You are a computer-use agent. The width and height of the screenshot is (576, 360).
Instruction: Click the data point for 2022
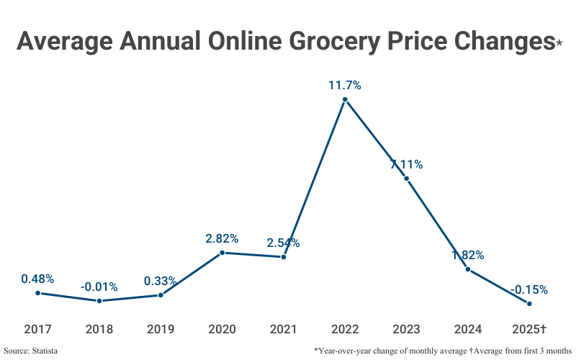pyautogui.click(x=345, y=100)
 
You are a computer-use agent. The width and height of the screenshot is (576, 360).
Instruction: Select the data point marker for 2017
pyautogui.click(x=37, y=293)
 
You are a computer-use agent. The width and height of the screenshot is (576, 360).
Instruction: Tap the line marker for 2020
pyautogui.click(x=222, y=252)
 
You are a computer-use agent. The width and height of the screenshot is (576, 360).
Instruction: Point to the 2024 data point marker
pyautogui.click(x=468, y=269)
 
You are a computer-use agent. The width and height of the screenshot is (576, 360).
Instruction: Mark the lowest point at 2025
pyautogui.click(x=529, y=304)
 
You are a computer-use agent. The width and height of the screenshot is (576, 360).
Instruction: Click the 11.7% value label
pyautogui.click(x=345, y=85)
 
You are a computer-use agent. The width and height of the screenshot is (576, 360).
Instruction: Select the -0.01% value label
pyautogui.click(x=99, y=287)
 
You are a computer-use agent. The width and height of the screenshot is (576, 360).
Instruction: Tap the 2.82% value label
pyautogui.click(x=222, y=238)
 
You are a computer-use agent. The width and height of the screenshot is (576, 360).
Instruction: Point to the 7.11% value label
pyautogui.click(x=406, y=164)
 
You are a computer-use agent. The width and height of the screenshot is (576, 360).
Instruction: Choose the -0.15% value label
pyautogui.click(x=529, y=290)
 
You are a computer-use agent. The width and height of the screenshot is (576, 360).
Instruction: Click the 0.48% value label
pyautogui.click(x=37, y=279)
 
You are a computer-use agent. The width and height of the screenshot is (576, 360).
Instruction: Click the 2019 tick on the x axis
pyautogui.click(x=161, y=330)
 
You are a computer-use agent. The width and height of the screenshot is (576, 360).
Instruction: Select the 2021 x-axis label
pyautogui.click(x=283, y=330)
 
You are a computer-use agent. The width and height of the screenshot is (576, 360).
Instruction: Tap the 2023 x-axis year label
pyautogui.click(x=406, y=330)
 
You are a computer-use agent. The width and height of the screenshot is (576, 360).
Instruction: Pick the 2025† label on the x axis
pyautogui.click(x=529, y=330)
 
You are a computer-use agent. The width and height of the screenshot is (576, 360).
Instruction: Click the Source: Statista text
pyautogui.click(x=30, y=351)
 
